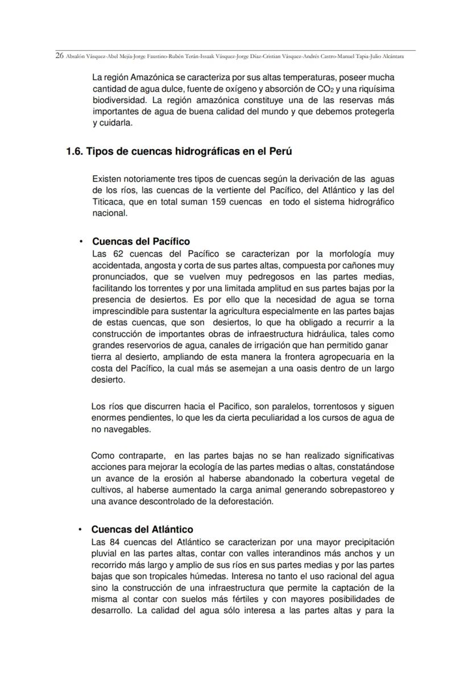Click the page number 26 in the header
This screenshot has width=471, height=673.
point(59,56)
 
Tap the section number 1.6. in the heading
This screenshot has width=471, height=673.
point(79,153)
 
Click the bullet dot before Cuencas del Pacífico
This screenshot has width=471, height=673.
point(81,242)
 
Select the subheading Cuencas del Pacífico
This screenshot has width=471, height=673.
point(141,242)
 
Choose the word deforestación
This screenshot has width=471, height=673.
point(242,502)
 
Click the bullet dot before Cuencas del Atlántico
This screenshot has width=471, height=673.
point(81,530)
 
